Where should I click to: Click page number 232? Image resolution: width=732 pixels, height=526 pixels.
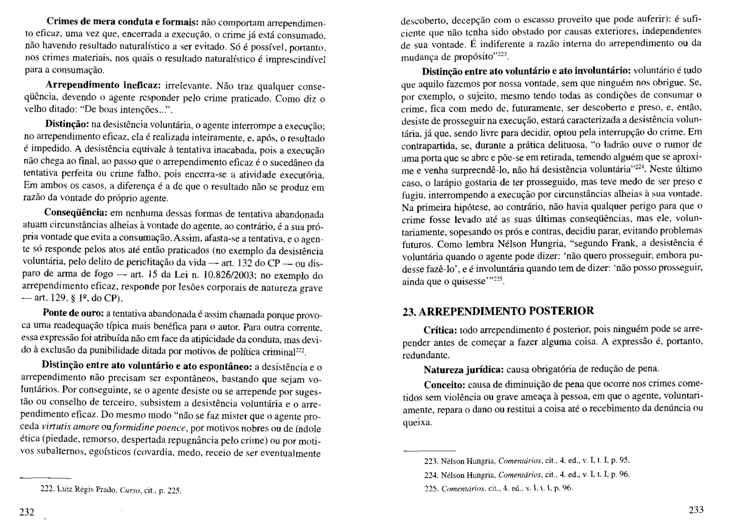coord(27,512)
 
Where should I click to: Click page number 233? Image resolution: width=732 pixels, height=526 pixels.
coord(696,510)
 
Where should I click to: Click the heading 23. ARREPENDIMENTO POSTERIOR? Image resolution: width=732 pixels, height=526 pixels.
coord(498,311)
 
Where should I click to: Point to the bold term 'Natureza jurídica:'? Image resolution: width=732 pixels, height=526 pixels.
coord(464,369)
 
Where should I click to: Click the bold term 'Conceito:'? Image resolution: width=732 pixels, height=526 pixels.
coord(444,384)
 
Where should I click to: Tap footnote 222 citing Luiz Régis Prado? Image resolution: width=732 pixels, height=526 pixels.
coord(111,490)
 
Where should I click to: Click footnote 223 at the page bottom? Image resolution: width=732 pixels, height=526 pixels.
coord(526,460)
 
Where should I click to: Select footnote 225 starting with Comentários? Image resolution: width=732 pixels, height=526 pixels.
coord(499,488)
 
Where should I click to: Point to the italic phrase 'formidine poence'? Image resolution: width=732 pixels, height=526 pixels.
coord(149,428)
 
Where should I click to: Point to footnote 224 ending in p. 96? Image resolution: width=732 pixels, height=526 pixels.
coord(526,475)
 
